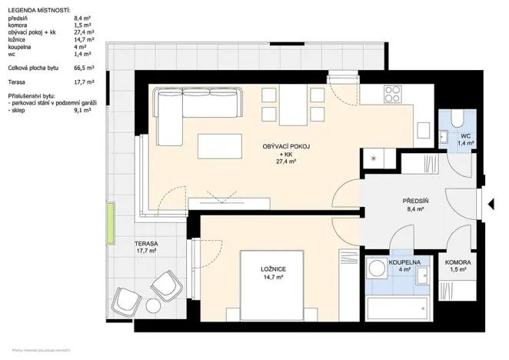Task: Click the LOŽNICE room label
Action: pos(273,268)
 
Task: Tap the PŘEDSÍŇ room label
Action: pos(415,201)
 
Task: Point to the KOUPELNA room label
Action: pos(405,262)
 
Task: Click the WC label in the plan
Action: pos(464,135)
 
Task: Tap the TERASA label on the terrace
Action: pos(146,243)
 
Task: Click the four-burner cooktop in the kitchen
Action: pos(393,95)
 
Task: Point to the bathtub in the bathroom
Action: pos(397,310)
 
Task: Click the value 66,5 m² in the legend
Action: pos(84,68)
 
